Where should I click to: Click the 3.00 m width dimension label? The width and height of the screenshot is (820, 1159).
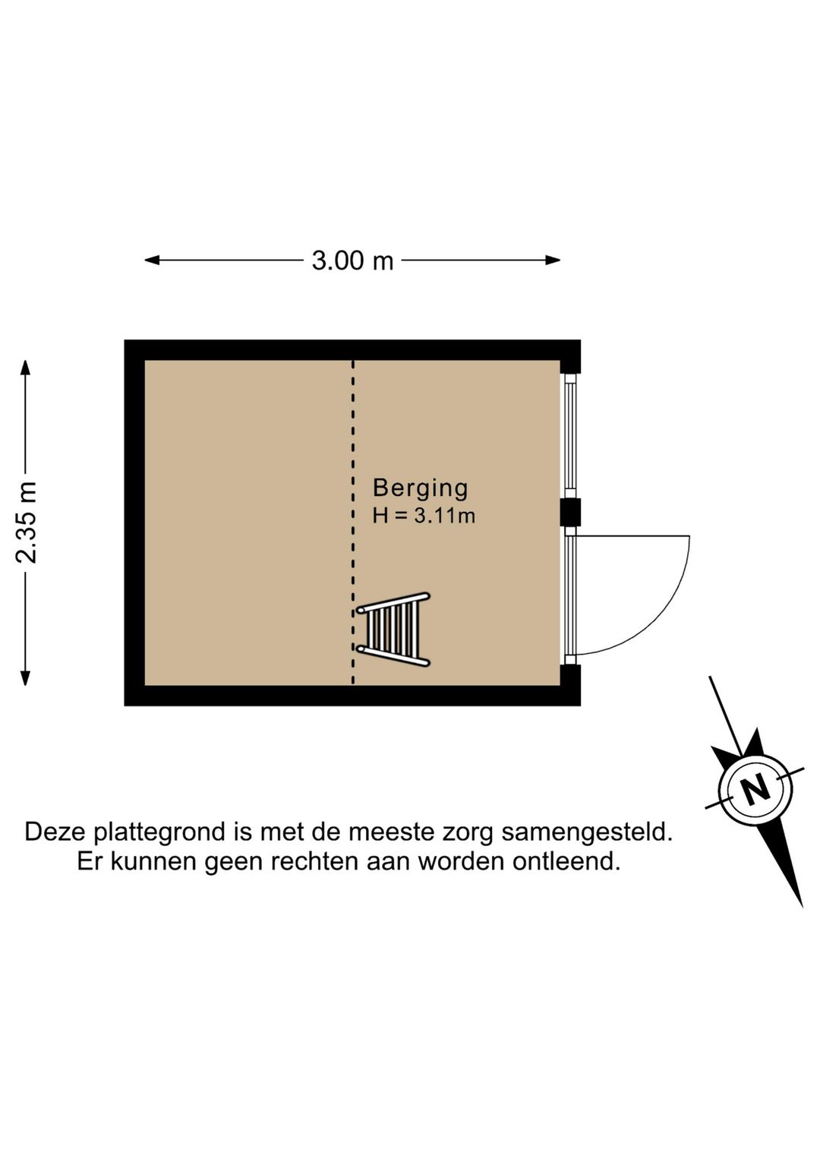(352, 261)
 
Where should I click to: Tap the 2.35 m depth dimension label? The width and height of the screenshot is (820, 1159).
(26, 522)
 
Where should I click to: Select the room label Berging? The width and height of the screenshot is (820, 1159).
(420, 489)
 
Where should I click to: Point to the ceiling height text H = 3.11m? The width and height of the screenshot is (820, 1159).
(424, 516)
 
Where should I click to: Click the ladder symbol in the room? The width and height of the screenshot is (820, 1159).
(394, 630)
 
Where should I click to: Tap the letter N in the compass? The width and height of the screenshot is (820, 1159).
(756, 790)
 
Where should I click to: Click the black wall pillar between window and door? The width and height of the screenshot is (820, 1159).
(571, 512)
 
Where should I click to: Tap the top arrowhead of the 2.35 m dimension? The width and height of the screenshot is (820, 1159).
(25, 368)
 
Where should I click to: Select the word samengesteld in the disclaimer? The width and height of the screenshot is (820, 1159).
(587, 832)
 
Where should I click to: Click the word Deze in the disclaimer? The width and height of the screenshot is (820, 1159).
(55, 832)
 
